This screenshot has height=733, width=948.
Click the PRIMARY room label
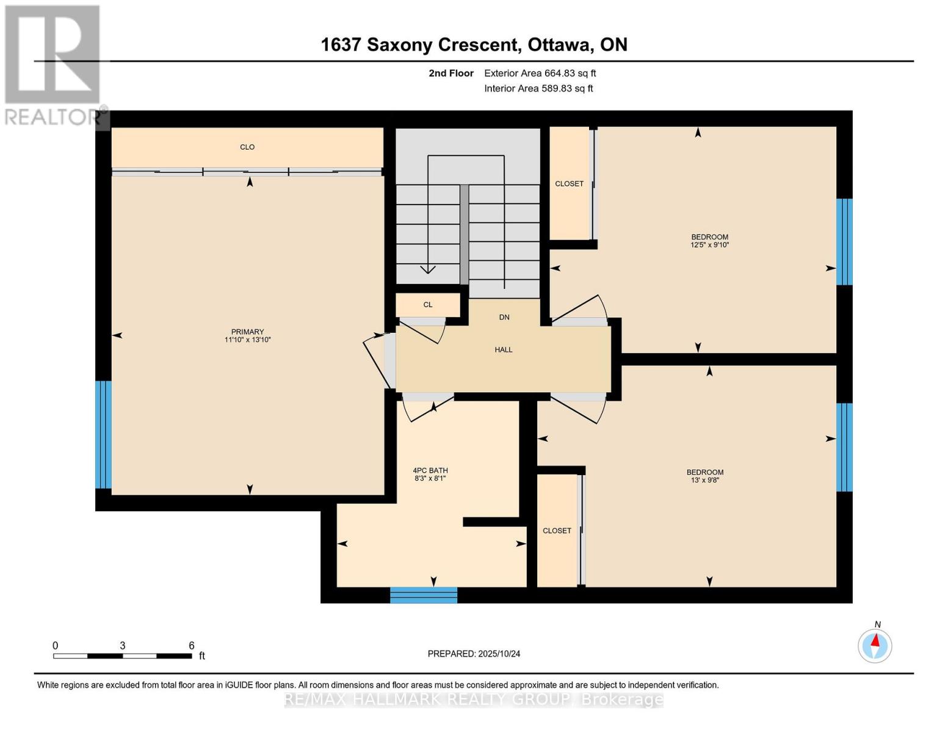247,332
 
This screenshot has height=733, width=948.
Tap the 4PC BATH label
430,470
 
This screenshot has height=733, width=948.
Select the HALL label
504,350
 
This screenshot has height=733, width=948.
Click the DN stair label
504,318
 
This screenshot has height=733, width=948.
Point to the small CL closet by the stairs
428,305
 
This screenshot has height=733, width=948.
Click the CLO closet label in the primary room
247,147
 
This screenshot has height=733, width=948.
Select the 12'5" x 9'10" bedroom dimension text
710,245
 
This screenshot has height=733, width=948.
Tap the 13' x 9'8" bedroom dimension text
705,480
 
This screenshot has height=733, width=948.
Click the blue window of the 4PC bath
424,595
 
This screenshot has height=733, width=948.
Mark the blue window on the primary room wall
104,435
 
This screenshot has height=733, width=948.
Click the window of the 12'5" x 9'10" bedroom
844,242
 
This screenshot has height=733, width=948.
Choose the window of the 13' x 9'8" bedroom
844,447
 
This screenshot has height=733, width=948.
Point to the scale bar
122,656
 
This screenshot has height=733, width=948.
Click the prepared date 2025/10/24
499,654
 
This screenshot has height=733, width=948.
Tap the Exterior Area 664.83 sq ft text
540,73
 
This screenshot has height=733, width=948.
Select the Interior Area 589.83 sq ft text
538,89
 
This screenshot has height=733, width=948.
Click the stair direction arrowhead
428,269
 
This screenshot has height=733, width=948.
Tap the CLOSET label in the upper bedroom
569,184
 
